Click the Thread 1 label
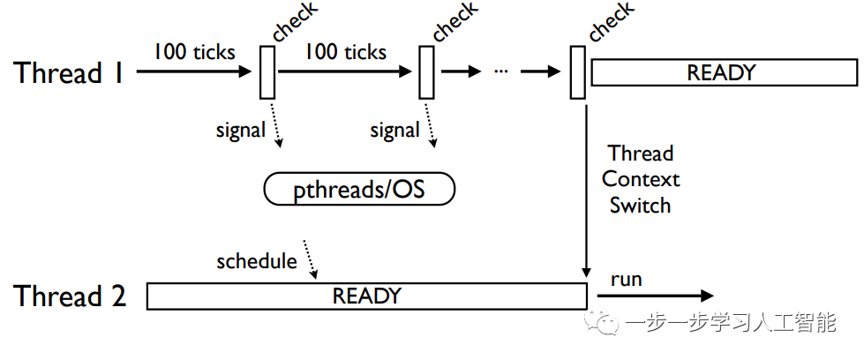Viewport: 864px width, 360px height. tap(68, 72)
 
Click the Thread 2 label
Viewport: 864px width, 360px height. tap(70, 296)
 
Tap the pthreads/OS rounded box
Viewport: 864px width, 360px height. tap(359, 189)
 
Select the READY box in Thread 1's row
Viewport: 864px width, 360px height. tap(724, 72)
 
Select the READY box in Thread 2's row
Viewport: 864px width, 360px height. tap(366, 296)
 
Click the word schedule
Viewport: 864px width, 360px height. tap(257, 261)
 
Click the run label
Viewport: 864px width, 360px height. tap(626, 280)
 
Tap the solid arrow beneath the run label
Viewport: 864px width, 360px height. tap(655, 296)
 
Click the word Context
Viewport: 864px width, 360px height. tap(641, 179)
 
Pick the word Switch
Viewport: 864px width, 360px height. tap(641, 206)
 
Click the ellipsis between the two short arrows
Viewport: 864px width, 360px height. tap(501, 72)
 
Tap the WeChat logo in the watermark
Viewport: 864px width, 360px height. tap(602, 322)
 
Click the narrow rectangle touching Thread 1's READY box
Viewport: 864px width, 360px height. tap(577, 72)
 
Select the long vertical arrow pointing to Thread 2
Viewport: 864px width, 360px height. tap(586, 191)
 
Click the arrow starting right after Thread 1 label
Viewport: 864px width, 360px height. tap(194, 71)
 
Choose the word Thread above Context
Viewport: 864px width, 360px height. tap(641, 153)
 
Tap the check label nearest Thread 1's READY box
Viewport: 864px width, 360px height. tap(611, 21)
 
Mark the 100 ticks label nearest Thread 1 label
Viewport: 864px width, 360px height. tap(194, 52)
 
